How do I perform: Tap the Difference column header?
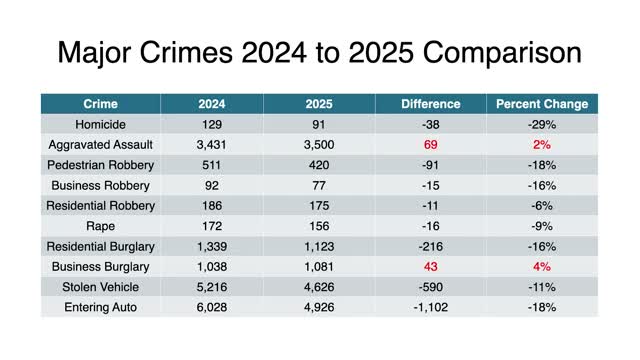point(431,104)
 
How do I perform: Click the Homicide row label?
point(99,124)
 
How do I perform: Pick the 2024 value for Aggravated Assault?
point(212,145)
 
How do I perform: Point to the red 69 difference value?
point(431,145)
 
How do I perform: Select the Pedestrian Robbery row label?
point(99,165)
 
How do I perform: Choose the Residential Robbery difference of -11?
point(431,206)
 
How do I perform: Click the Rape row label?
point(99,226)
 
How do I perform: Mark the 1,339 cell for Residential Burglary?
point(212,246)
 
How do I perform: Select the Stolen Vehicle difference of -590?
point(431,287)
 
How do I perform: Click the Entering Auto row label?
point(99,307)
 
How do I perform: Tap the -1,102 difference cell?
point(431,307)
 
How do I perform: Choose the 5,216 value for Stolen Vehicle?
point(212,287)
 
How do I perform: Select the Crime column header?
point(99,104)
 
